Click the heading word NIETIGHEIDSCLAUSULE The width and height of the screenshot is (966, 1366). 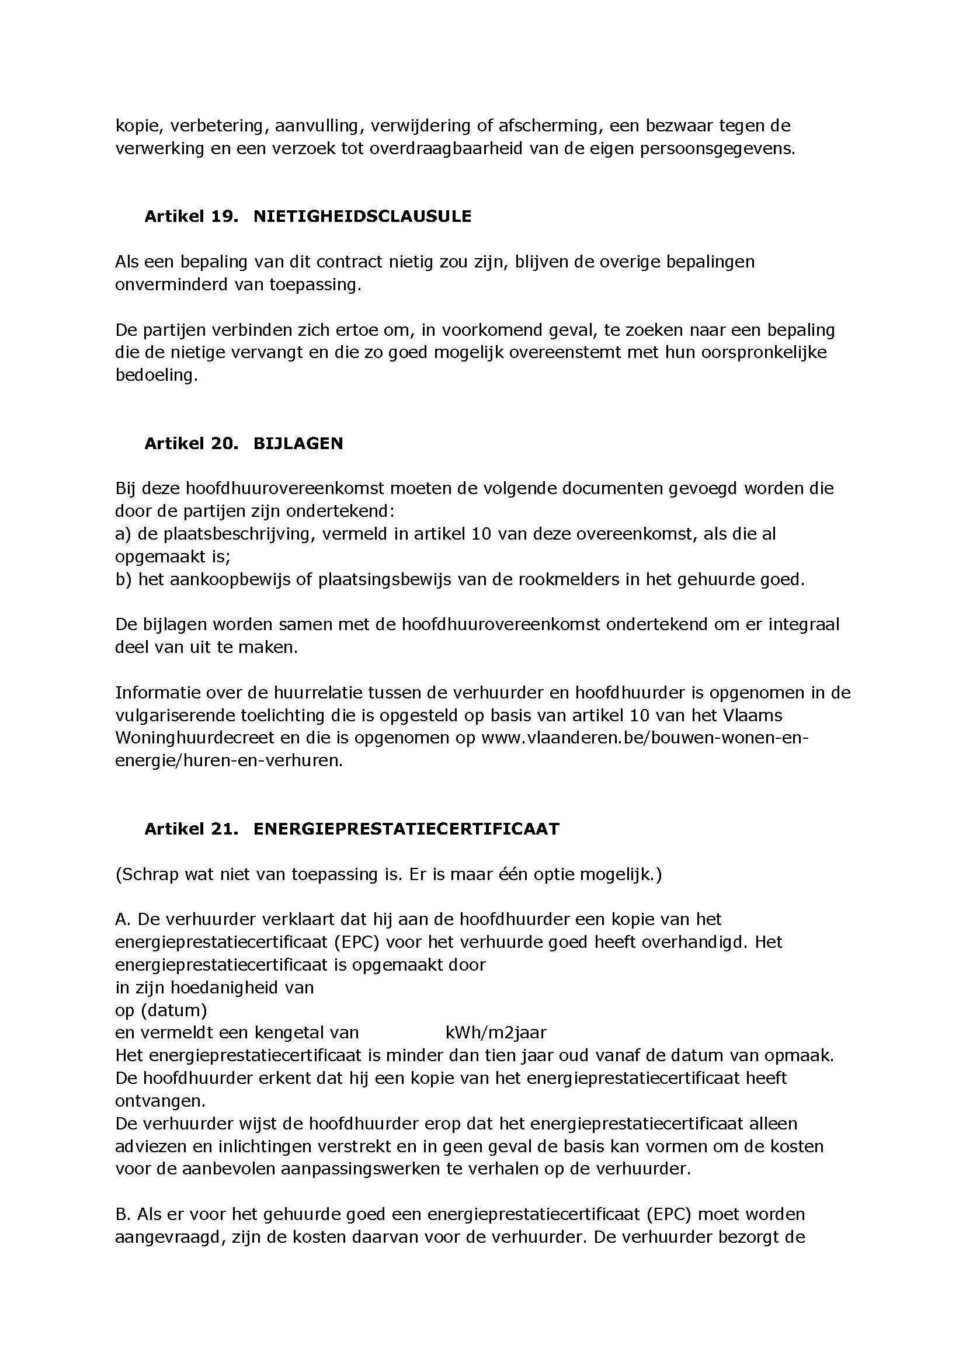(x=362, y=217)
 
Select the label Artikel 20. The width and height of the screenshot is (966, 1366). (x=191, y=444)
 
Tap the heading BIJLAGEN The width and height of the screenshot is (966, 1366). (x=298, y=444)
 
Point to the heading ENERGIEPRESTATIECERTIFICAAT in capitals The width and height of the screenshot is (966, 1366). (x=406, y=829)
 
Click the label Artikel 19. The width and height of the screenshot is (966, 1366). (x=191, y=217)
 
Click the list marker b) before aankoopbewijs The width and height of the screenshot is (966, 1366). (x=123, y=579)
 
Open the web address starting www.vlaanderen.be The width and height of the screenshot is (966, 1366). (x=645, y=738)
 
